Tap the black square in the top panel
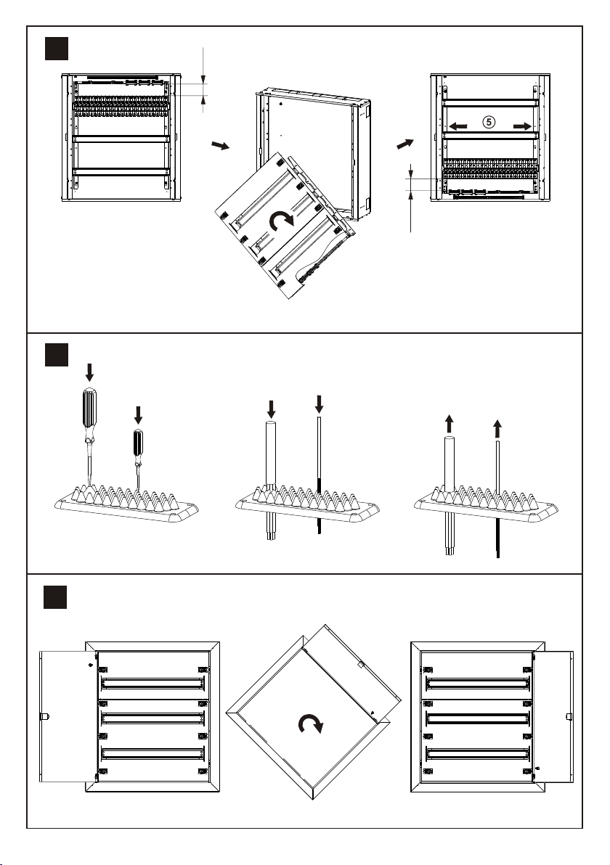click(57, 49)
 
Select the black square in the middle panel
click(57, 355)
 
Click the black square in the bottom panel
click(55, 597)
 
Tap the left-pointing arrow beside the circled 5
click(457, 126)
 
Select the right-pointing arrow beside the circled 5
click(522, 126)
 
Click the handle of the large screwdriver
click(89, 409)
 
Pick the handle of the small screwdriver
click(138, 444)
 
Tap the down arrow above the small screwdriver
click(139, 415)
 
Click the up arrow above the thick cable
click(450, 425)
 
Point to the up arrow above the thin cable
click(497, 428)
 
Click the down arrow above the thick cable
click(271, 409)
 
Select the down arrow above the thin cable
click(319, 403)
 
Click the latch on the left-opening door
click(44, 717)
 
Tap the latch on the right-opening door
click(569, 717)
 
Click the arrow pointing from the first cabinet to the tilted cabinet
click(220, 146)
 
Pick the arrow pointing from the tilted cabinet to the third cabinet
click(404, 144)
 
